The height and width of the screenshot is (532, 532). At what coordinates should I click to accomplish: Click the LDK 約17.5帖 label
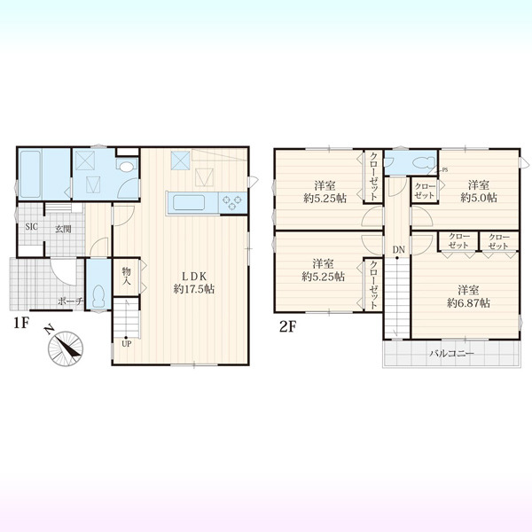(x=193, y=283)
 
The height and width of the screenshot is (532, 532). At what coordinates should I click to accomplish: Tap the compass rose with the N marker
(x=65, y=347)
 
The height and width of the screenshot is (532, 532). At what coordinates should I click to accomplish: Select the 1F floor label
(x=20, y=323)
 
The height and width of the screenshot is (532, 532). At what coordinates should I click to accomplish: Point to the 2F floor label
(x=287, y=326)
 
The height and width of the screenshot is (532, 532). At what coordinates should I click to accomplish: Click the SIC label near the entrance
(x=32, y=227)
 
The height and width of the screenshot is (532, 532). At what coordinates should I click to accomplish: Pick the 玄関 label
(x=64, y=229)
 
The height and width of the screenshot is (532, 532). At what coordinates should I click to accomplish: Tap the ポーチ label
(x=71, y=301)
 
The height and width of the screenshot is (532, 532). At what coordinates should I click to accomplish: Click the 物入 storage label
(x=126, y=276)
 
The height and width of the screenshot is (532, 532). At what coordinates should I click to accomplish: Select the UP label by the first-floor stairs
(x=127, y=344)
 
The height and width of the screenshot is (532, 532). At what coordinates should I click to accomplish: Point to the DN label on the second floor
(x=399, y=250)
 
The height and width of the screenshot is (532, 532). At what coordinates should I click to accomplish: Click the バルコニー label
(x=451, y=354)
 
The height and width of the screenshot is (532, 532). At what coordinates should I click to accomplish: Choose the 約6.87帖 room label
(x=468, y=303)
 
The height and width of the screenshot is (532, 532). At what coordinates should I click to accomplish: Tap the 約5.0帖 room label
(x=479, y=198)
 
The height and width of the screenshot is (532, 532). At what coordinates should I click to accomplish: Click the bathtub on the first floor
(x=31, y=174)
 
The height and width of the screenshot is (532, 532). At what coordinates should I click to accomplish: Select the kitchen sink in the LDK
(x=189, y=203)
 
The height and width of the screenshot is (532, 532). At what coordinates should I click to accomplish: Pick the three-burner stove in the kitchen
(x=232, y=202)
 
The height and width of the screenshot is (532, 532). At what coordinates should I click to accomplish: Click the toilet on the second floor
(x=424, y=162)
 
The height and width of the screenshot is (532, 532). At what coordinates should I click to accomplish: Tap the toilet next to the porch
(x=98, y=296)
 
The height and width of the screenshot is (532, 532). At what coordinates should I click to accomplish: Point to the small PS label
(x=445, y=169)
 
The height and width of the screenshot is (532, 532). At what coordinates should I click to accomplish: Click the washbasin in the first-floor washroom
(x=126, y=166)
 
